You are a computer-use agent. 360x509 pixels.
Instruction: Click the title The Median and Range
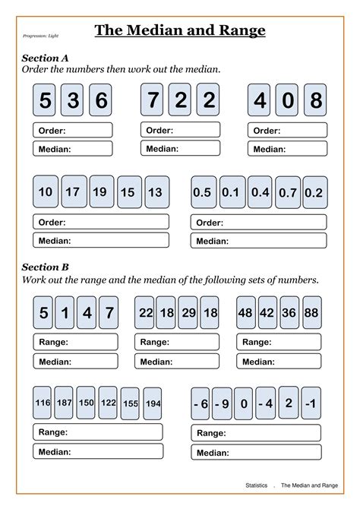point(179,30)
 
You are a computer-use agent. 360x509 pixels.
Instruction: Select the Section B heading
point(45,267)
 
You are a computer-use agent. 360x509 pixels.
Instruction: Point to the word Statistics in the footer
point(257,484)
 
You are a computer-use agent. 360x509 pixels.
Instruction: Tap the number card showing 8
point(316,100)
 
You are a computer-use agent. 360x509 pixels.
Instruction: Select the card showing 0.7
point(286,192)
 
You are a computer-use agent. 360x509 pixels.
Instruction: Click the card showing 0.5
point(201,192)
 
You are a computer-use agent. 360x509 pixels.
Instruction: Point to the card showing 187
point(65,403)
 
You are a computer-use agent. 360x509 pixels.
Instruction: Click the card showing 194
point(152,403)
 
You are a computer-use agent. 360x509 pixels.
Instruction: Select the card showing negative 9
point(222,403)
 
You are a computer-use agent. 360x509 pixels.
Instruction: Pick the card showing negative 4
point(264,403)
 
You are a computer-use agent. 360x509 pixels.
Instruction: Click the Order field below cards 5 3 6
point(73,130)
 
